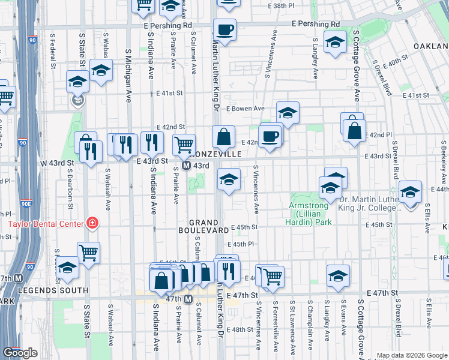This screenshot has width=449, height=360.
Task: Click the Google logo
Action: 20,352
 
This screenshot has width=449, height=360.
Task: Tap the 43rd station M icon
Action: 186,166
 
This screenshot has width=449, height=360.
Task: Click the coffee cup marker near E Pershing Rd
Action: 224,29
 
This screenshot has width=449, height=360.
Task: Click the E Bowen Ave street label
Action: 246,109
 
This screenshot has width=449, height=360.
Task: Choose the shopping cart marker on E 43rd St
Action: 184,143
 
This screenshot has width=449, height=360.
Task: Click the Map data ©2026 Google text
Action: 412,355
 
